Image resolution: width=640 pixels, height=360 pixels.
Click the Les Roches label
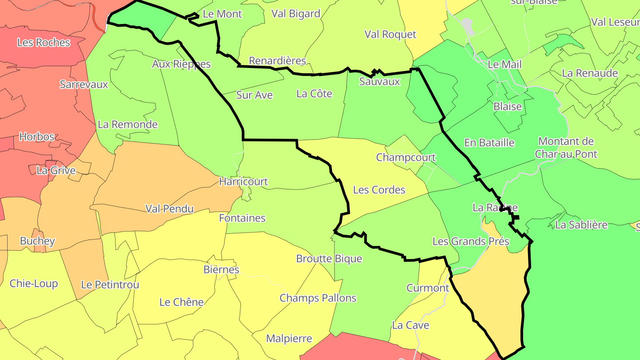[44, 43]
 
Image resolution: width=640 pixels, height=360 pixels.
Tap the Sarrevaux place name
[84, 84]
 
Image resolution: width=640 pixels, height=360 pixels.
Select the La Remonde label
[128, 124]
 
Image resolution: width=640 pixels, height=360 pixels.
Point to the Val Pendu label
[169, 209]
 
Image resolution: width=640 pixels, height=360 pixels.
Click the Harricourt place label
[244, 181]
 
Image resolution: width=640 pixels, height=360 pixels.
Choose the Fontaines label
[242, 218]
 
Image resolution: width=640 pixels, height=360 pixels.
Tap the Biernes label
[221, 270]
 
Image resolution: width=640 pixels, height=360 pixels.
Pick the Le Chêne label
[181, 302]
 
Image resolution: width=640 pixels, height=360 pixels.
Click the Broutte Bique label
[329, 259]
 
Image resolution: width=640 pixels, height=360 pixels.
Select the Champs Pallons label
[318, 298]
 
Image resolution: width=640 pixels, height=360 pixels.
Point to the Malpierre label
[289, 339]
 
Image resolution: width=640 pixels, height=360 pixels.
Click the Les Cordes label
[379, 190]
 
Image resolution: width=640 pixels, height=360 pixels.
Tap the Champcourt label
[406, 158]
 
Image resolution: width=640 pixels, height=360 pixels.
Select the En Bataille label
[489, 143]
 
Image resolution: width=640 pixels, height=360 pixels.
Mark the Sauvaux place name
[380, 82]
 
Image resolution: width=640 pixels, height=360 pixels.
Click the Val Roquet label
[390, 35]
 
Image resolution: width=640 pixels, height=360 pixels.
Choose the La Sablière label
[581, 225]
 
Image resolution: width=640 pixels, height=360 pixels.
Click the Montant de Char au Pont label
[566, 148]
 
